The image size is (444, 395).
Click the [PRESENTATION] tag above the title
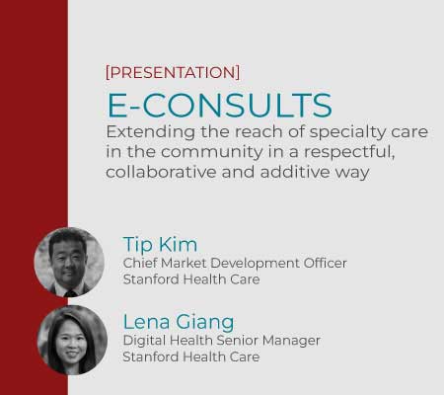tap(173, 72)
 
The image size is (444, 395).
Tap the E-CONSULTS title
tap(220, 106)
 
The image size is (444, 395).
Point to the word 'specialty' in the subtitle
tap(342, 132)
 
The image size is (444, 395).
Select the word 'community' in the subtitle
tap(212, 152)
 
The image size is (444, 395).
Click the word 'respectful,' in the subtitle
tap(349, 152)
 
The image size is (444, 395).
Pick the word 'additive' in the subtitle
tap(295, 172)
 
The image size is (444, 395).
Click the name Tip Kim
tap(160, 245)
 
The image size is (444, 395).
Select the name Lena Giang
tap(179, 322)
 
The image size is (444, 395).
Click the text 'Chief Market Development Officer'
tap(235, 263)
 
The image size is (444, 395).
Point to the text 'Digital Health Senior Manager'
tap(221, 341)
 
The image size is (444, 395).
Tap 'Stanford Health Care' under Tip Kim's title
tap(191, 279)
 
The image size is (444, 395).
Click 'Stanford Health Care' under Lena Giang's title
tap(191, 356)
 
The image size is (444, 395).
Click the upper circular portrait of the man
tap(69, 262)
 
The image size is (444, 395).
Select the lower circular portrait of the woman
tap(72, 340)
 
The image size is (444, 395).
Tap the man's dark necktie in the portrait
tap(71, 293)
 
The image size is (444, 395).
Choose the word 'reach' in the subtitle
tap(259, 132)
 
